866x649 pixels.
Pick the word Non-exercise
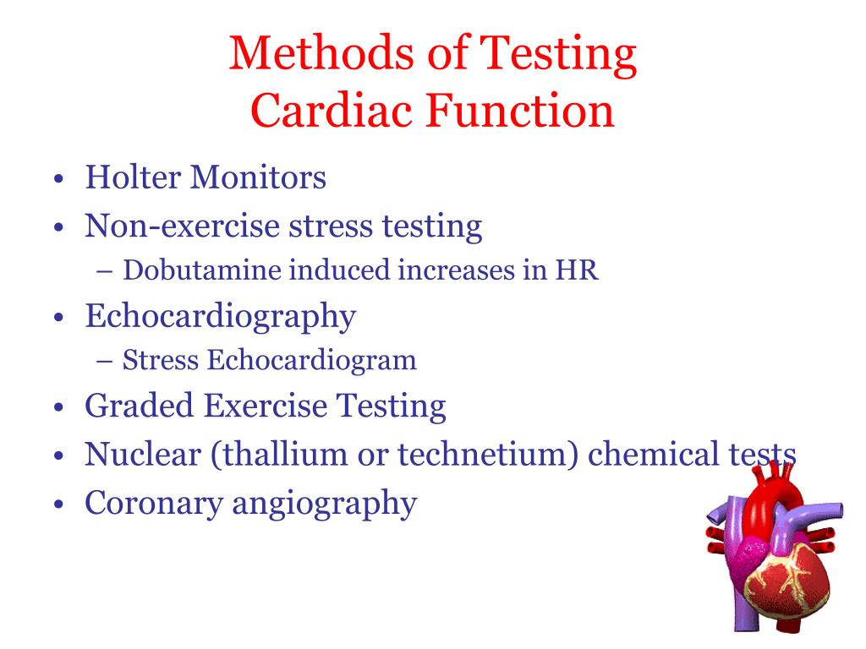click(181, 226)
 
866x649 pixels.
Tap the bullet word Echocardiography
click(220, 318)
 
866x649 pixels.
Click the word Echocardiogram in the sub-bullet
click(312, 361)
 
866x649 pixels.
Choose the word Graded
click(138, 406)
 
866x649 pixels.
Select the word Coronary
click(151, 503)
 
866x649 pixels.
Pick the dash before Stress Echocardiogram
click(106, 362)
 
